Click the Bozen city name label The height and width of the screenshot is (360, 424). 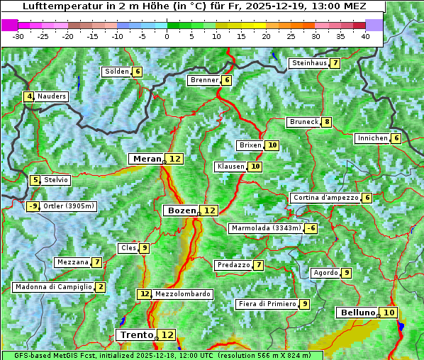pos(181,210)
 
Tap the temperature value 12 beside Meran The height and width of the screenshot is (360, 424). pos(174,159)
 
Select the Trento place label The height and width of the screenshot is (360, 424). pos(136,334)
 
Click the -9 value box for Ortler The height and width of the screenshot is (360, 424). pos(33,206)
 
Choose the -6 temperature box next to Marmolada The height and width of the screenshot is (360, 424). pos(311,228)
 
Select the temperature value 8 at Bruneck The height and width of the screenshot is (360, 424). pos(326,122)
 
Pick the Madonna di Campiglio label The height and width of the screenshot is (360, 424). pos(53,287)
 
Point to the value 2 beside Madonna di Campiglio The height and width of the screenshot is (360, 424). pos(101,287)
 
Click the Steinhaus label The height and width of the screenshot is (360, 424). pos(308,63)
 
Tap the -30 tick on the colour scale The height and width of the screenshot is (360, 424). pos(18,36)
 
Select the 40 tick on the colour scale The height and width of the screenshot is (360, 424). pos(365,36)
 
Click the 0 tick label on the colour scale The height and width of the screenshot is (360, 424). pos(167,36)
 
